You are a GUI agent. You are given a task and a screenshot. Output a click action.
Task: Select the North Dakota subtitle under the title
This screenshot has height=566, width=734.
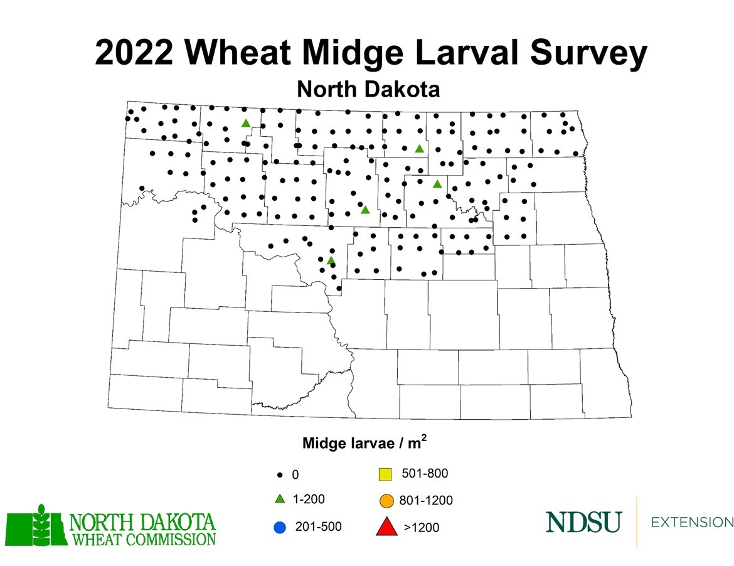tap(368, 89)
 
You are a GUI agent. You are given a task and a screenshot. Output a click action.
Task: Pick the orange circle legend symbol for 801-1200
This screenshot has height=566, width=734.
tap(386, 501)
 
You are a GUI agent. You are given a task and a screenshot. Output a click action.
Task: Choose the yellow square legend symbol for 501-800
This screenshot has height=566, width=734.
tap(386, 474)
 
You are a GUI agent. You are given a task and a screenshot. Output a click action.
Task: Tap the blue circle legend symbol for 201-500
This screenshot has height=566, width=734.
tap(280, 527)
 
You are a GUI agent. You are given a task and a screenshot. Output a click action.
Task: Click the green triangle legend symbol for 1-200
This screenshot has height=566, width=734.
tap(280, 499)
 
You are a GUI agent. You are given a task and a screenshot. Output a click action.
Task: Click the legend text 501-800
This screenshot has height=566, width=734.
tap(428, 473)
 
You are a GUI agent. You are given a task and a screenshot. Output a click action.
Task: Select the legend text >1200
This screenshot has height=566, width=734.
tap(421, 528)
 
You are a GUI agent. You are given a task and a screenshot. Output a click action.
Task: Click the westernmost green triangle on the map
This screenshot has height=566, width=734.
tap(246, 123)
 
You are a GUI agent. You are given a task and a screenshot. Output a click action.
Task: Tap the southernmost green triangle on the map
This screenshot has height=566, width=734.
tap(331, 260)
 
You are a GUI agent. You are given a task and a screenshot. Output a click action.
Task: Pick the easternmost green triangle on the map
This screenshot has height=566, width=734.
tap(437, 184)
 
